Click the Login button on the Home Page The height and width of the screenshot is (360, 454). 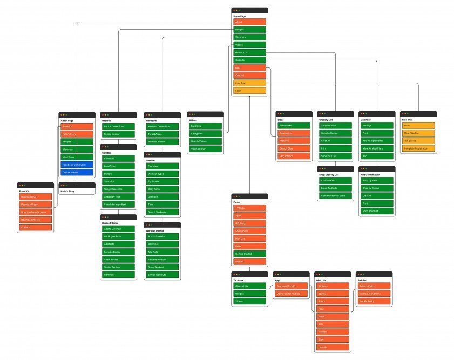249,91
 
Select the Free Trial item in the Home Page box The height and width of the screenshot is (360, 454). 249,83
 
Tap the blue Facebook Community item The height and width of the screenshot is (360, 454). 77,165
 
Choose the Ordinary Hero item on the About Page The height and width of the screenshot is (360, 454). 77,172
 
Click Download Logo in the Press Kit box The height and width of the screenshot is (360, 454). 36,205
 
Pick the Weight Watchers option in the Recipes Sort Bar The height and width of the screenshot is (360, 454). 118,189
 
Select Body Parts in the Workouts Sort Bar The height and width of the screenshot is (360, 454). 162,189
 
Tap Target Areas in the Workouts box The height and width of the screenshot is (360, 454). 162,134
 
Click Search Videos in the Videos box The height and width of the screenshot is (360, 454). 205,141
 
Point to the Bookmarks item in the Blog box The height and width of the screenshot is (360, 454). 294,125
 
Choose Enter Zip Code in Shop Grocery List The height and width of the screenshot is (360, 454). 335,188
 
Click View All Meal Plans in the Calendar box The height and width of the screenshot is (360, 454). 377,148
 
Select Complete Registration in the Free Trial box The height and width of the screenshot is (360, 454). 418,148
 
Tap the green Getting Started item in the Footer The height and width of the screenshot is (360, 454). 249,254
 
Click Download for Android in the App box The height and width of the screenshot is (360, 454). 291,294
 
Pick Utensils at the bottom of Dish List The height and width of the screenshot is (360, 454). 333,347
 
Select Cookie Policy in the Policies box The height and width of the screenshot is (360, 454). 374,301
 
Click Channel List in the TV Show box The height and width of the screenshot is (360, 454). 249,286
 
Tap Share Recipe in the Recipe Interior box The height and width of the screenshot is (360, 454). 118,259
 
